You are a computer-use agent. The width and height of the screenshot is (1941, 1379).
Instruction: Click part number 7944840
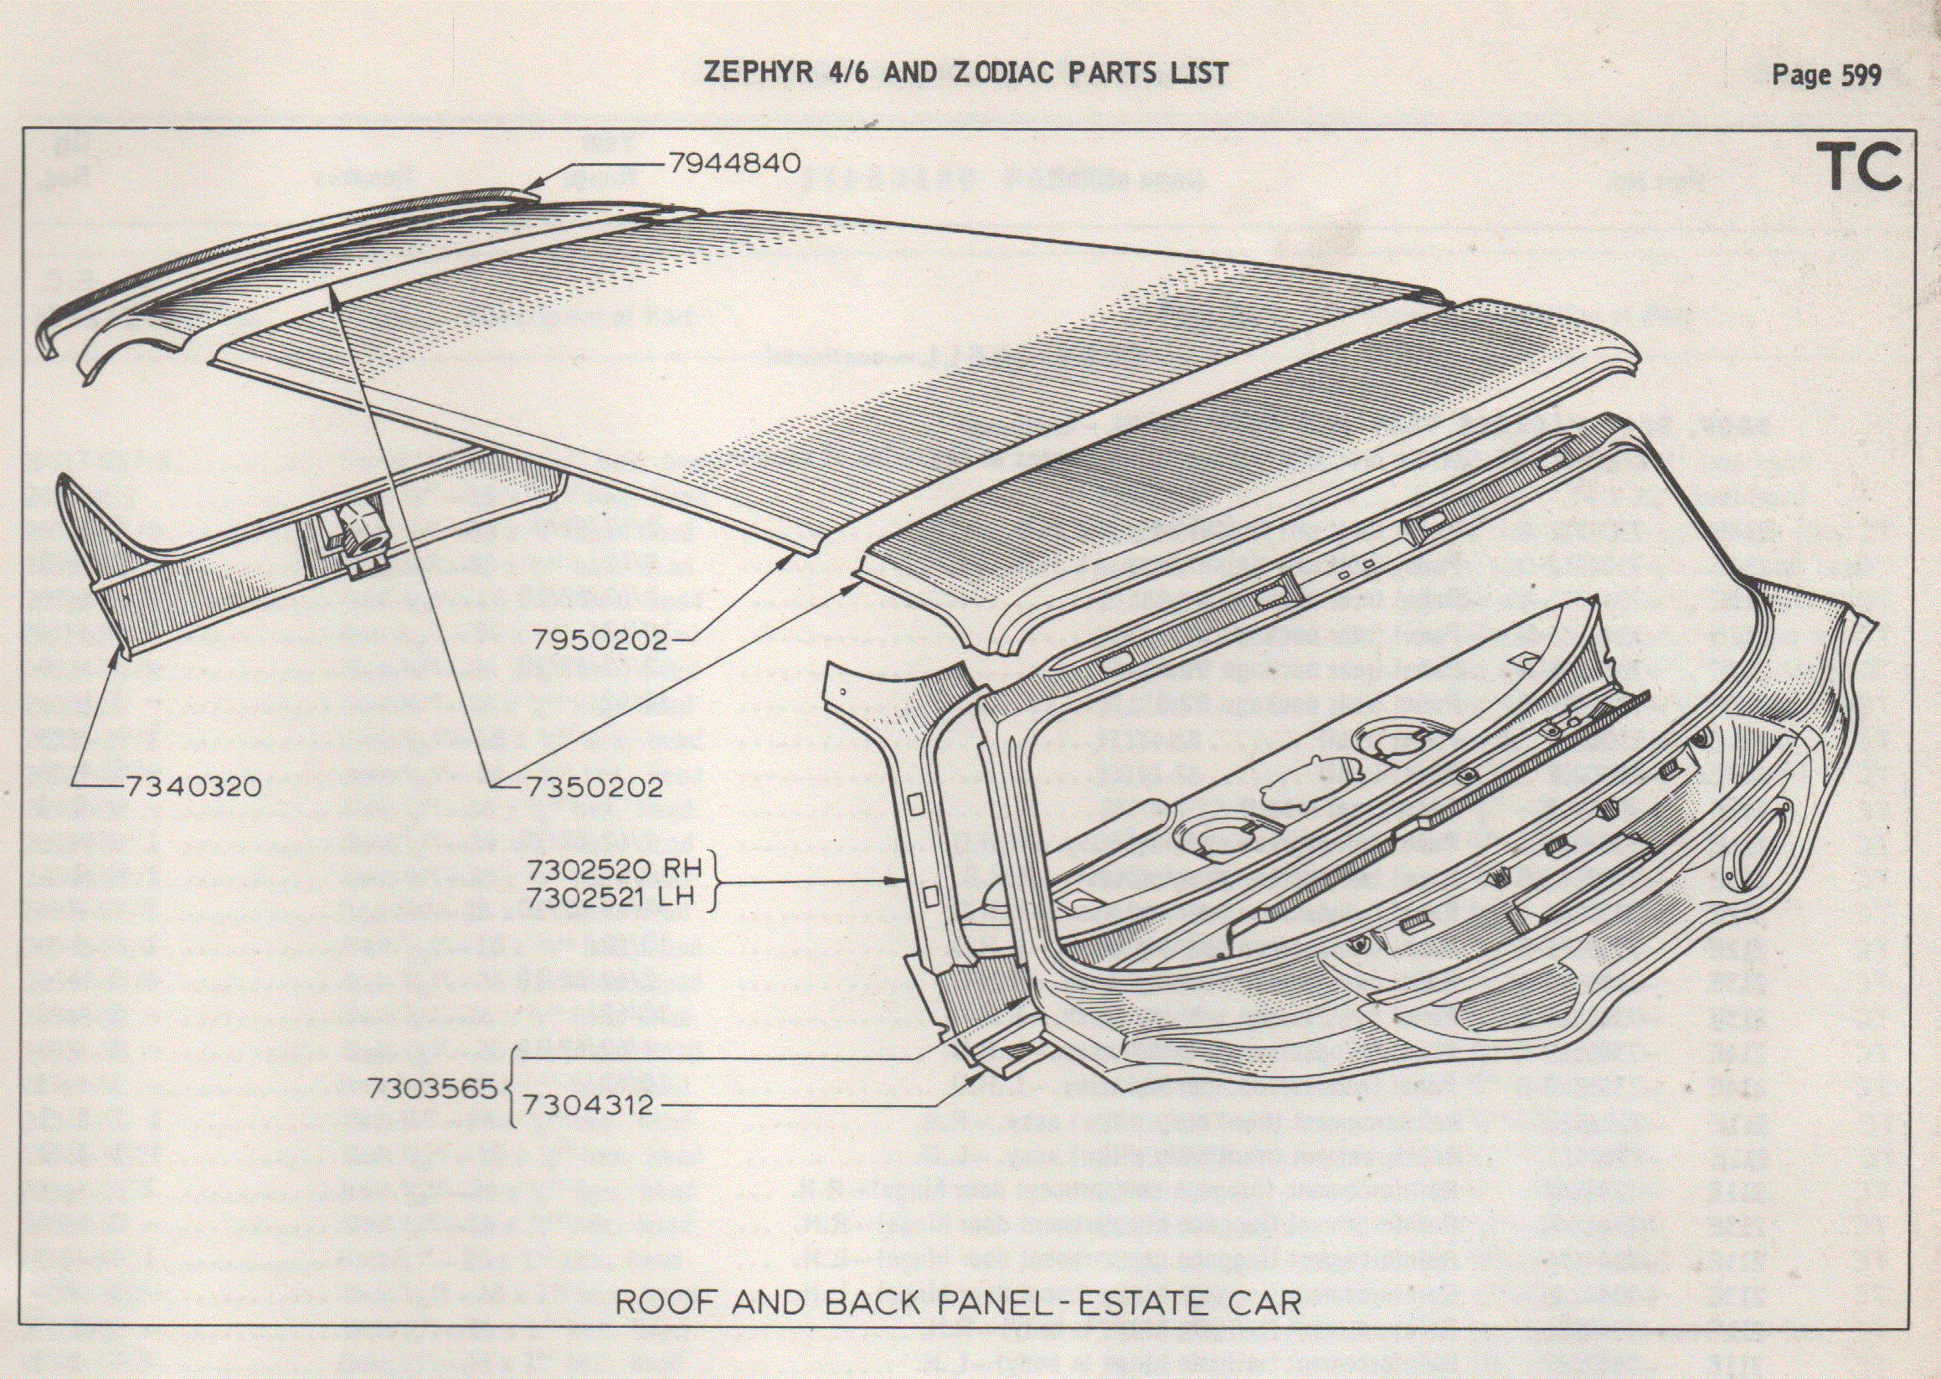click(x=734, y=163)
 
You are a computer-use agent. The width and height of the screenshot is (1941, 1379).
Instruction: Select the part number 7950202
click(x=600, y=640)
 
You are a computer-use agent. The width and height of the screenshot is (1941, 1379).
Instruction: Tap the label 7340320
click(x=192, y=787)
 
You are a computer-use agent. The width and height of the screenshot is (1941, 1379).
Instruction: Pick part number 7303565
click(x=432, y=1090)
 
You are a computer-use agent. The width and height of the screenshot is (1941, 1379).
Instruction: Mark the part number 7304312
click(x=588, y=1105)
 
